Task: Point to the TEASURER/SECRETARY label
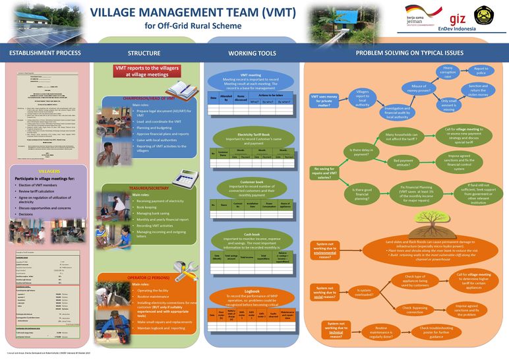(154, 188)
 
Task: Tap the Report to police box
(481, 69)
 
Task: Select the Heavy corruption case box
(448, 72)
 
